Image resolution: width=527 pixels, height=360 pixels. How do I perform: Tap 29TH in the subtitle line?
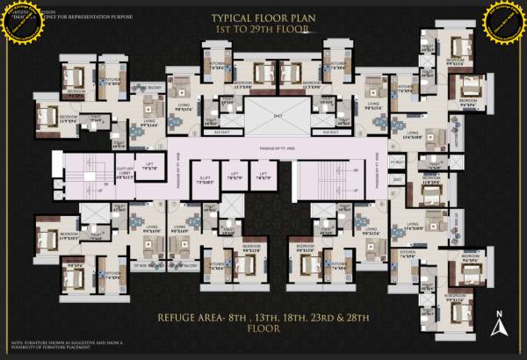pyautogui.click(x=281, y=29)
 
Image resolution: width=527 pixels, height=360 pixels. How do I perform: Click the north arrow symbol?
pyautogui.click(x=497, y=325)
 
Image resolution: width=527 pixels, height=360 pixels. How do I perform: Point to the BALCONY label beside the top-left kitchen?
pyautogui.click(x=152, y=88)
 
